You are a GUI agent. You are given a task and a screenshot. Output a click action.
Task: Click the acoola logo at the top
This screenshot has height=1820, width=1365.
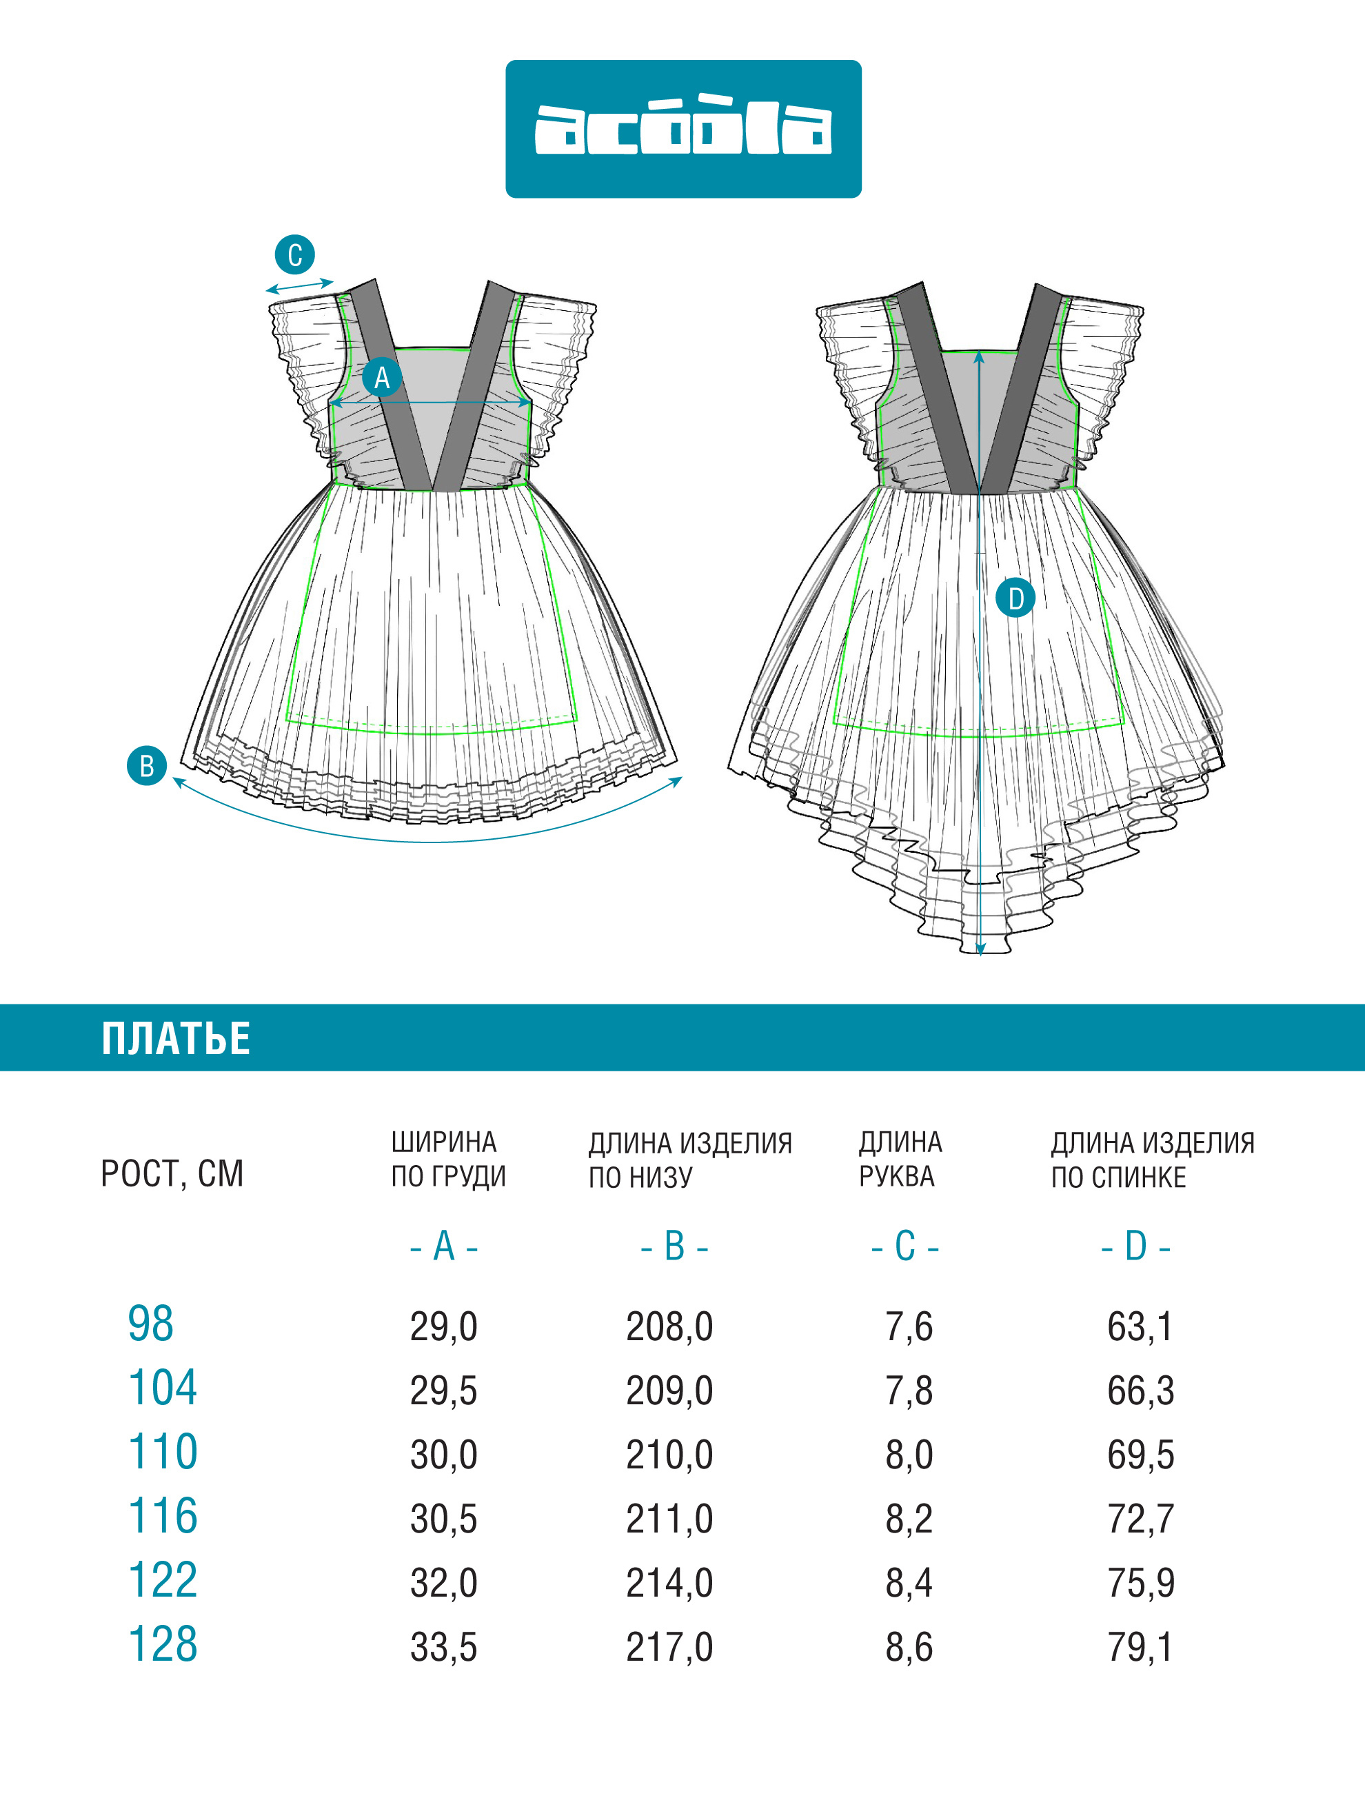tap(683, 129)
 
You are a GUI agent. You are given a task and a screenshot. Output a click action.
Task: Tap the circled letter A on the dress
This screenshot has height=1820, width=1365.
tap(382, 378)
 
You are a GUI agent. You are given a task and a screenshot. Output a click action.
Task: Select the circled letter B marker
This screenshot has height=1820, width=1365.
tap(146, 765)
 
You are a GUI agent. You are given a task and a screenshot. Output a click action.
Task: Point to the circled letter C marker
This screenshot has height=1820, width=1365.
tap(294, 254)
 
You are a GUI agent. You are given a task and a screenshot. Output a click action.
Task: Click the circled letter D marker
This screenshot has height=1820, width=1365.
tap(1015, 598)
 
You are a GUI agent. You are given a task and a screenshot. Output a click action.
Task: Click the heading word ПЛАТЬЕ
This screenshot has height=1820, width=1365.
tap(176, 1038)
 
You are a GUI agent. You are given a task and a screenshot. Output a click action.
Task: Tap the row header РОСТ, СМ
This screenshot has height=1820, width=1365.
tap(172, 1173)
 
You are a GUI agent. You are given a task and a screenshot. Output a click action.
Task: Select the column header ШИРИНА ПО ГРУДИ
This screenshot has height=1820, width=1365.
tap(448, 1160)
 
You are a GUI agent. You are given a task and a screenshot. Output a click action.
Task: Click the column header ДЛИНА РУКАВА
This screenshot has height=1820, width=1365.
tap(901, 1160)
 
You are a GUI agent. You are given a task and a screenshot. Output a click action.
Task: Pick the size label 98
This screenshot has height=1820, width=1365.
tap(150, 1324)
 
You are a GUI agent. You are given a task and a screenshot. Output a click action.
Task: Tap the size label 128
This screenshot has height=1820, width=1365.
tap(163, 1644)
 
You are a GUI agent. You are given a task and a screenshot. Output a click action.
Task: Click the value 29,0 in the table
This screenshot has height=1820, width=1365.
tap(443, 1326)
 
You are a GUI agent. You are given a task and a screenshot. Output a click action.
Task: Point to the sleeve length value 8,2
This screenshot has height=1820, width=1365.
tap(909, 1519)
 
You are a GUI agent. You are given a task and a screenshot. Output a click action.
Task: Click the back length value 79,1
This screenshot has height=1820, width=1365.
tap(1140, 1647)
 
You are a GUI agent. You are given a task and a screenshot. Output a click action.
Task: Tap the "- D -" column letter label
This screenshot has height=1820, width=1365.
tap(1135, 1247)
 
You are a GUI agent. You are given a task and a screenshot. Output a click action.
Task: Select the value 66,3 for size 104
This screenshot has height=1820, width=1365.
tap(1140, 1391)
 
